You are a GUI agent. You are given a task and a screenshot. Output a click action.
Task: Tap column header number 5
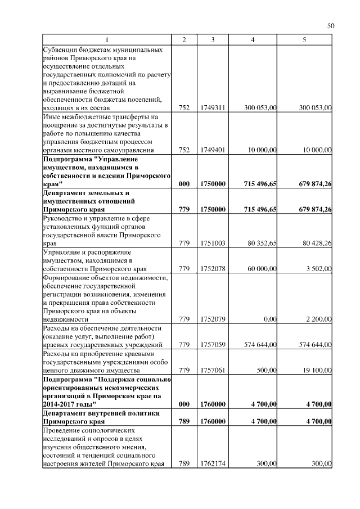(304, 40)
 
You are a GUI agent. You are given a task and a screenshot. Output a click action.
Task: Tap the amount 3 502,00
(319, 269)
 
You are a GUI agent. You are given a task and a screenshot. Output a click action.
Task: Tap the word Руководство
(64, 218)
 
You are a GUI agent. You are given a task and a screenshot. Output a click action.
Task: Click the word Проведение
(62, 430)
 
